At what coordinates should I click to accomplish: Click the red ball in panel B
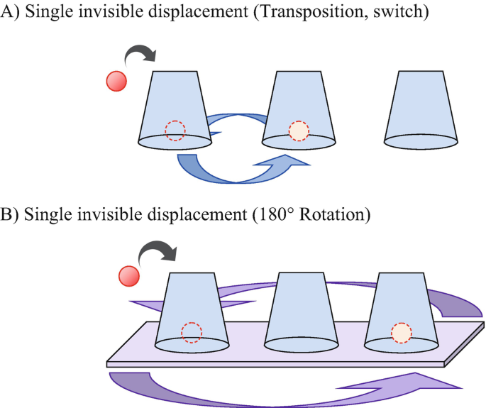coord(129,276)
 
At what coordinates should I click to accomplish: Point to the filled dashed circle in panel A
coord(299,131)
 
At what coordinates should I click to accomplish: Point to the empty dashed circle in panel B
coord(192,331)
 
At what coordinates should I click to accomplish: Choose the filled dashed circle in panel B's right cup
coord(402,331)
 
